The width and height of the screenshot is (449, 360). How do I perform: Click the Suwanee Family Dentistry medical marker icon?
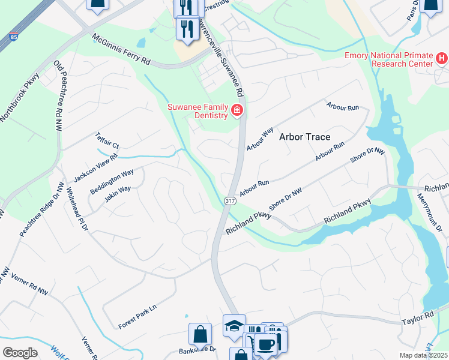tap(237, 110)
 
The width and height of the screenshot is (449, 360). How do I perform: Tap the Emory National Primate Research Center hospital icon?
tap(442, 58)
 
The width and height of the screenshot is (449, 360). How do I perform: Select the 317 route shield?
tap(229, 200)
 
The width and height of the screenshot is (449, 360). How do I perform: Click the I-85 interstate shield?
tap(13, 37)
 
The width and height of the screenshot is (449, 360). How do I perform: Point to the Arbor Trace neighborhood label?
tap(305, 137)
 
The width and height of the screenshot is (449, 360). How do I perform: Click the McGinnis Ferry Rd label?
tap(121, 50)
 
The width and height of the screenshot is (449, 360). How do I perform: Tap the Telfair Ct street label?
tap(108, 141)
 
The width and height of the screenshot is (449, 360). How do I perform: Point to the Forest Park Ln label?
tap(137, 316)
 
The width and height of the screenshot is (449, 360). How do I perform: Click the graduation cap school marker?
tap(234, 325)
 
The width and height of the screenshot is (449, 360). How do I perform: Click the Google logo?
tap(20, 353)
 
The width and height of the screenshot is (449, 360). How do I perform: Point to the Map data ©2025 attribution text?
tap(423, 355)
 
